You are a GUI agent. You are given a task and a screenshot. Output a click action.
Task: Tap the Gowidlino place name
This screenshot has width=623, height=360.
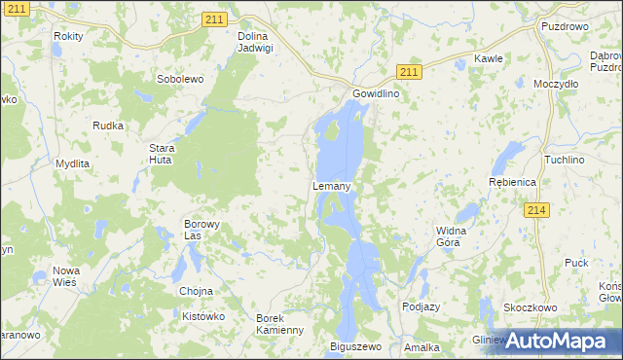click(x=376, y=95)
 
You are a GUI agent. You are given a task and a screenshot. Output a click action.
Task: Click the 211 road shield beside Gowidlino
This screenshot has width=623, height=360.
click(x=410, y=72)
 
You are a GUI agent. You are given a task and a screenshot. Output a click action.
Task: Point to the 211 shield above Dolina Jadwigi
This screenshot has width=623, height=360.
click(x=216, y=18)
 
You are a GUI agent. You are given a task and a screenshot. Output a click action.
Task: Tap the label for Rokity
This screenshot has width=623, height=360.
click(x=69, y=36)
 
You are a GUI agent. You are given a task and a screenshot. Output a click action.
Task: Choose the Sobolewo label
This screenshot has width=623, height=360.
click(x=179, y=79)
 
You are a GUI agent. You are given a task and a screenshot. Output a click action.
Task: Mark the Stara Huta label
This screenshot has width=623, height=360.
click(x=161, y=155)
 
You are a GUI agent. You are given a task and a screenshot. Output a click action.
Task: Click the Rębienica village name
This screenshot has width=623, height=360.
click(x=512, y=182)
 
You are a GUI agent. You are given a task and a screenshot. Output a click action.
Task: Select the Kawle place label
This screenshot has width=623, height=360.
click(x=489, y=58)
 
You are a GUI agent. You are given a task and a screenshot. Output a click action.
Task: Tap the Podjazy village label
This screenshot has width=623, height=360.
click(x=421, y=306)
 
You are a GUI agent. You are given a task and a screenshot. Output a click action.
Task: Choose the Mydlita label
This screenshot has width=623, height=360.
click(x=73, y=163)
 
